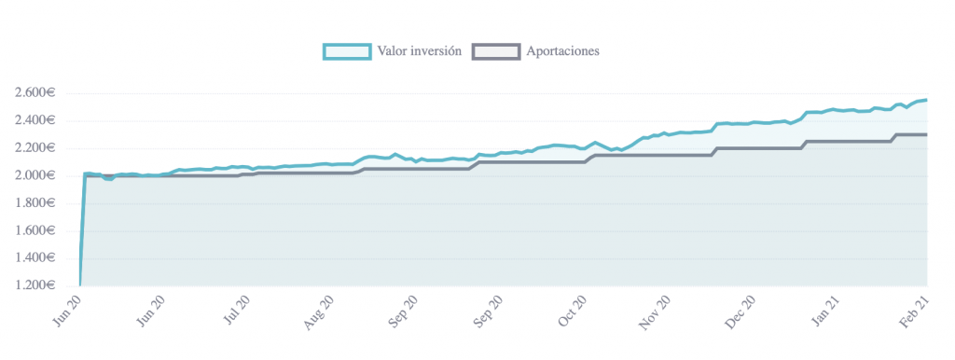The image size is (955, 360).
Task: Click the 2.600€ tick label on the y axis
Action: click(x=35, y=93)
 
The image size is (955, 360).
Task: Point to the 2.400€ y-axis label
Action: click(x=35, y=120)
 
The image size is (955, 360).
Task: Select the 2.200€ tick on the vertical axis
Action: click(x=35, y=148)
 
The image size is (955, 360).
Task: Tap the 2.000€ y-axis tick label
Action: click(x=35, y=176)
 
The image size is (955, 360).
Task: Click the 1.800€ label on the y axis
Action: click(x=35, y=203)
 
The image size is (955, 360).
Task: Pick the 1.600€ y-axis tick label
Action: click(x=35, y=231)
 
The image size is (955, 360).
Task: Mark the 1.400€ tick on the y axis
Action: click(x=35, y=258)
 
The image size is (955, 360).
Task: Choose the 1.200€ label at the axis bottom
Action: click(x=35, y=285)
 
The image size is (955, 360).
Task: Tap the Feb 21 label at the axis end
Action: click(x=914, y=312)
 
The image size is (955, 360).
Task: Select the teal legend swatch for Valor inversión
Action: click(x=347, y=52)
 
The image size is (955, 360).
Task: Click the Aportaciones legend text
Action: click(x=563, y=51)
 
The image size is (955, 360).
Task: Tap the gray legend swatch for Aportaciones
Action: click(x=496, y=52)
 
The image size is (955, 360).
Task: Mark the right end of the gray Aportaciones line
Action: click(x=927, y=134)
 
